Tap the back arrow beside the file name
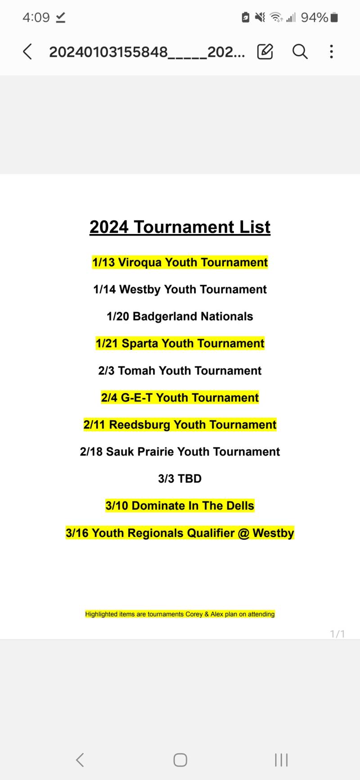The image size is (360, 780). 27,52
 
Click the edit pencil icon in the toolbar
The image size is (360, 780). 265,52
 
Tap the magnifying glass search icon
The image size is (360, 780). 300,52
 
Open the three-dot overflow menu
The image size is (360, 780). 332,52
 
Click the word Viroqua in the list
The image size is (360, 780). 140,262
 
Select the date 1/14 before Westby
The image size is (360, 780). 104,289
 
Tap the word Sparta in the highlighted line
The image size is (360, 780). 140,343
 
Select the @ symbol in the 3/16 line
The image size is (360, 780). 243,533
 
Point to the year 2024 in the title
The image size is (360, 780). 109,227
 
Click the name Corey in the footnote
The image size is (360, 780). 194,614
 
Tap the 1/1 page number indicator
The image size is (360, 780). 337,634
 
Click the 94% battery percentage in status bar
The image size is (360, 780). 315,18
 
